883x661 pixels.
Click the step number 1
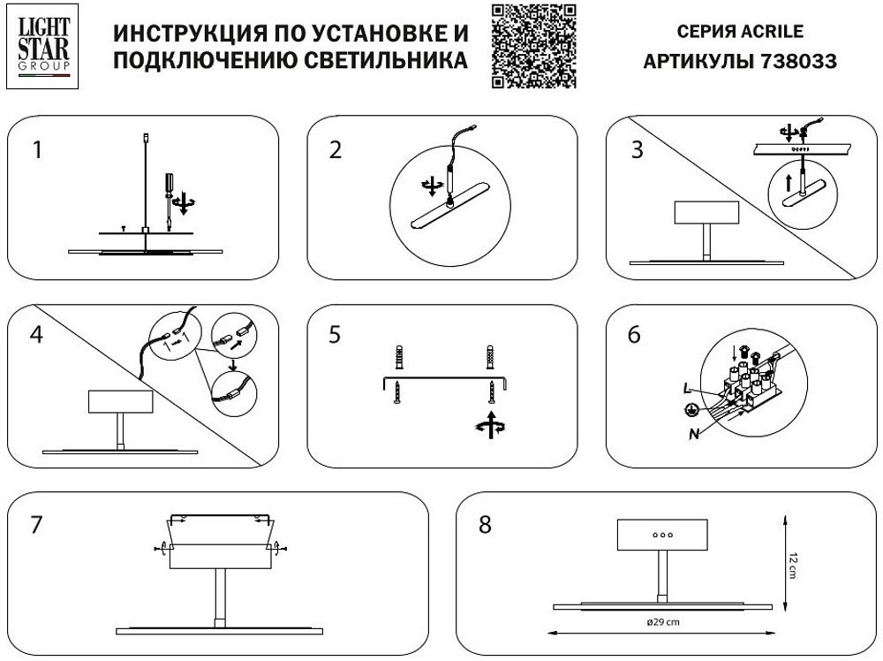[x=36, y=150]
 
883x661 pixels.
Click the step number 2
[x=335, y=150]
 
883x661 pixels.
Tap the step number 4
[x=36, y=336]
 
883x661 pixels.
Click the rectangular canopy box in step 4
[x=121, y=402]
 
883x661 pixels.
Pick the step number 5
[x=335, y=336]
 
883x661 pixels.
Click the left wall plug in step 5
[x=399, y=359]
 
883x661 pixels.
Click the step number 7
[x=36, y=525]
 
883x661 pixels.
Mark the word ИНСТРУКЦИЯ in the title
[x=177, y=34]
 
